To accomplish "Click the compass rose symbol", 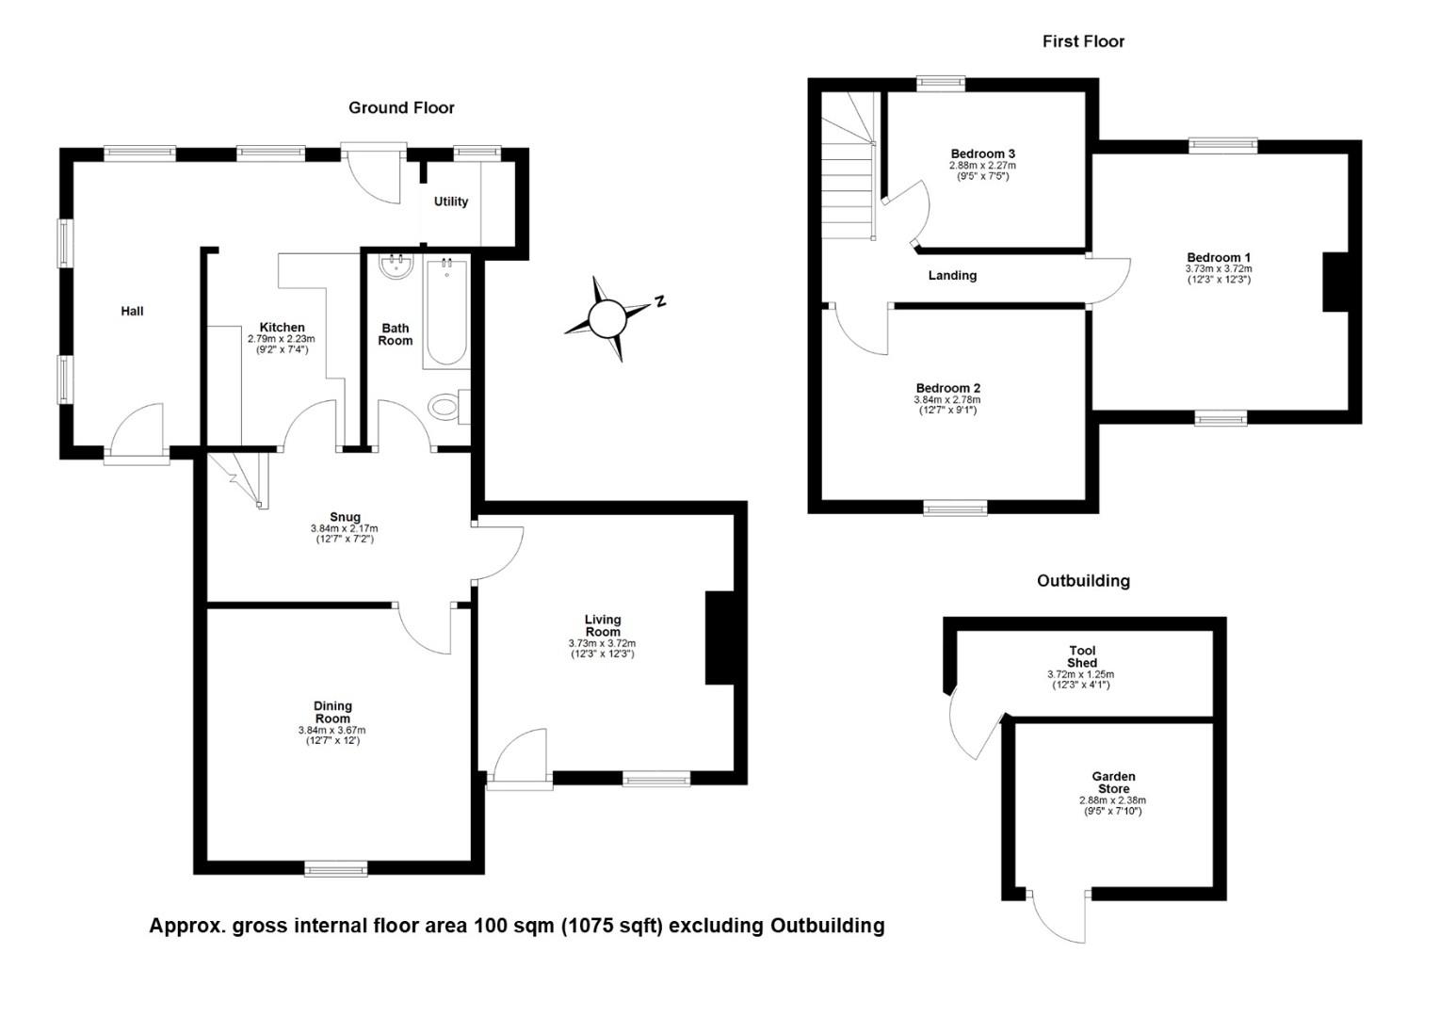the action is tap(607, 318).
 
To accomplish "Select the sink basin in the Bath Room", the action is tap(396, 267).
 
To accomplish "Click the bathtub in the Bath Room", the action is tap(445, 313).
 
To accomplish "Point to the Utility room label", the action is tap(451, 202).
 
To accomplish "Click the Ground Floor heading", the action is tap(401, 108).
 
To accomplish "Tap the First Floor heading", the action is tap(1083, 41).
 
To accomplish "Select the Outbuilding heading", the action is tap(1083, 581).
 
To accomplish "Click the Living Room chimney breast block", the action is tap(719, 638).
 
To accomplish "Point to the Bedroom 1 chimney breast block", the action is tap(1335, 282).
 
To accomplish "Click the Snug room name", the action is tap(345, 517).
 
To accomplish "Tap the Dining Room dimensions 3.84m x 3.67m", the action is tap(332, 731).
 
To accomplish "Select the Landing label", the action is tap(952, 276).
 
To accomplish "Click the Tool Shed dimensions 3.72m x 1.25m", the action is tap(1080, 674).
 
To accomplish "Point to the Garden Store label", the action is tap(1114, 783).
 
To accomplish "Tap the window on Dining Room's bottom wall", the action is tap(336, 868).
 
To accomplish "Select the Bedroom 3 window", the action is tap(941, 84).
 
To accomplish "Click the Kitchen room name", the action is tap(282, 328).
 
